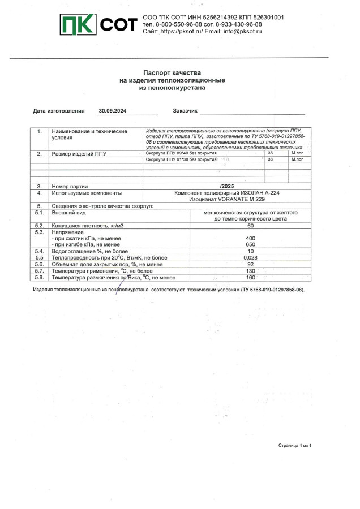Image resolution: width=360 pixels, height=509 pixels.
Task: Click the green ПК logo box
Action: pyautogui.click(x=79, y=25)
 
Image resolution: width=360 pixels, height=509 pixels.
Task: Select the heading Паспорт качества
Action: pyautogui.click(x=172, y=72)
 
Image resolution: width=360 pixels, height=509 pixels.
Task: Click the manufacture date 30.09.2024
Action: pyautogui.click(x=112, y=111)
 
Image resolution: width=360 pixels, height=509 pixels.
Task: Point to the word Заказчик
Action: pyautogui.click(x=185, y=111)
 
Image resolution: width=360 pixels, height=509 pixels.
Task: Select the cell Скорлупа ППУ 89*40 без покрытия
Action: pyautogui.click(x=181, y=153)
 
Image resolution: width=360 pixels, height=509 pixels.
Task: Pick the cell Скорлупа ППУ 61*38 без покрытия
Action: pyautogui.click(x=181, y=159)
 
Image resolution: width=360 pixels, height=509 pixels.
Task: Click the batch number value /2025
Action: pyautogui.click(x=227, y=186)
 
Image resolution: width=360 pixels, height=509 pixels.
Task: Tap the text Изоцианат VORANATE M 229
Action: pyautogui.click(x=227, y=199)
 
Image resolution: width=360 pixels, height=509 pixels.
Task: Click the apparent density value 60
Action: pyautogui.click(x=251, y=226)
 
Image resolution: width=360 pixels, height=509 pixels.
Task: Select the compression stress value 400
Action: pyautogui.click(x=251, y=238)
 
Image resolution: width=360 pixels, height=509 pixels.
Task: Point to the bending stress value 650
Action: pyautogui.click(x=251, y=244)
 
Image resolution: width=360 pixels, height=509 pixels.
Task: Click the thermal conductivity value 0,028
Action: pyautogui.click(x=251, y=257)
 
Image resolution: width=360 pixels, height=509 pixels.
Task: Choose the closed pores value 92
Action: pyautogui.click(x=251, y=264)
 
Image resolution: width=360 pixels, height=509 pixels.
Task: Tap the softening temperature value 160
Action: pyautogui.click(x=251, y=277)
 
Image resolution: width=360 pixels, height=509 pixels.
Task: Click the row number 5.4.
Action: pyautogui.click(x=39, y=251)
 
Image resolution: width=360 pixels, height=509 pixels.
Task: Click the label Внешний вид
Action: pyautogui.click(x=69, y=213)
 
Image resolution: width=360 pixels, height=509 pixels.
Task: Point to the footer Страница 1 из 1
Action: pyautogui.click(x=295, y=446)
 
